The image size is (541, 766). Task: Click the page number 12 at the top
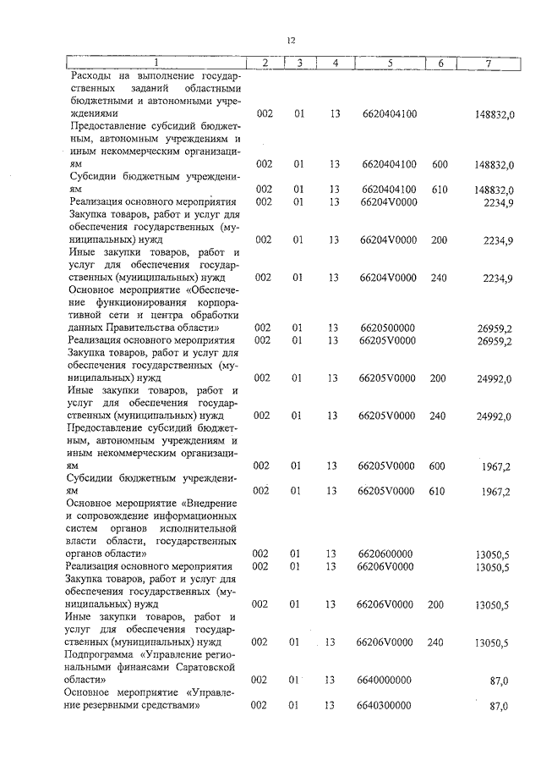(x=290, y=39)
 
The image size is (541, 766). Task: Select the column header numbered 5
(x=389, y=63)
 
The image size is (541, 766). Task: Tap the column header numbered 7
(x=489, y=63)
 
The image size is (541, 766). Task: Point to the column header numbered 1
(x=156, y=63)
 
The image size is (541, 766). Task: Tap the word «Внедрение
(x=210, y=504)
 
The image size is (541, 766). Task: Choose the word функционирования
(x=129, y=302)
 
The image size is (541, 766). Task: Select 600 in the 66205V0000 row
(x=439, y=466)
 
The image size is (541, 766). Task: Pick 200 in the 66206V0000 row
(x=436, y=604)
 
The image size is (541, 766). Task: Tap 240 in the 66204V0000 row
(x=439, y=278)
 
